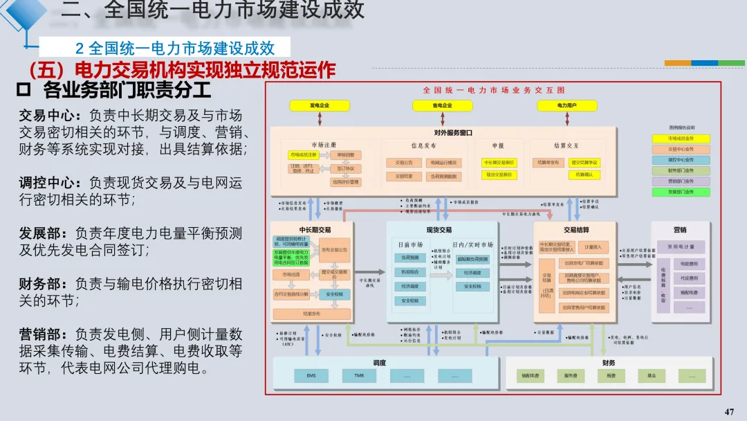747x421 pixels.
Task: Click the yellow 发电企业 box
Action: (x=319, y=106)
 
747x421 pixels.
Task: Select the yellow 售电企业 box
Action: (x=442, y=106)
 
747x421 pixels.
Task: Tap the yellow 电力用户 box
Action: (x=566, y=106)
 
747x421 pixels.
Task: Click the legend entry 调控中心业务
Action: (x=680, y=160)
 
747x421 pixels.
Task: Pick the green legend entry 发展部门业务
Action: (x=680, y=192)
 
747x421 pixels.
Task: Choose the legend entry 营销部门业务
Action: (x=680, y=181)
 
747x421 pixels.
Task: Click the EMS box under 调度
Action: (x=311, y=375)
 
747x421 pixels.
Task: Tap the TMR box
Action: (x=360, y=375)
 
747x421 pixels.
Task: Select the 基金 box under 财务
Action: (x=652, y=375)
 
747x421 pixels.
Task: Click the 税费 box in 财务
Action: (x=611, y=375)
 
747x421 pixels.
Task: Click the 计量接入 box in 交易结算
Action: (x=593, y=247)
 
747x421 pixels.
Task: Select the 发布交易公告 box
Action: (x=335, y=249)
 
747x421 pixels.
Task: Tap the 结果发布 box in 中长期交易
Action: (x=311, y=314)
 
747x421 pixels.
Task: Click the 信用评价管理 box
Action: (x=345, y=182)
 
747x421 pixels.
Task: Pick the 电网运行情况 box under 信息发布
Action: (x=443, y=163)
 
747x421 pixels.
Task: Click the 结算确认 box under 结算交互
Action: (x=584, y=175)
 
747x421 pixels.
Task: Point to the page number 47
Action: (x=728, y=412)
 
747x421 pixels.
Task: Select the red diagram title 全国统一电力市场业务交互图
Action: (x=493, y=90)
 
